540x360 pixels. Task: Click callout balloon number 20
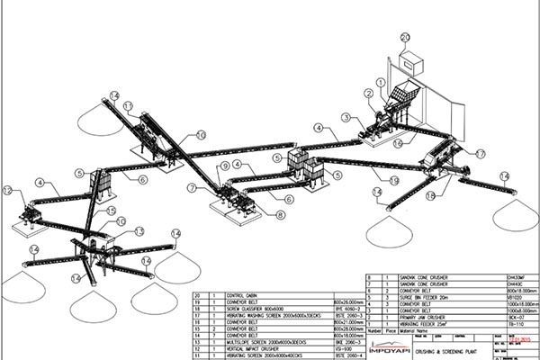point(405,37)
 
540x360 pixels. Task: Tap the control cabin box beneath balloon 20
point(411,61)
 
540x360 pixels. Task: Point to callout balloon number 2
point(369,94)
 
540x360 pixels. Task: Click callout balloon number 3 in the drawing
point(346,117)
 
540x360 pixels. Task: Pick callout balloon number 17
point(480,155)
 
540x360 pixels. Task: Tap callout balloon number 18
point(430,195)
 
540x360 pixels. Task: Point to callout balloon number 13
point(139,231)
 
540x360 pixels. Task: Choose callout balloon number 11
point(128,106)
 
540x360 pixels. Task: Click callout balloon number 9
point(224,166)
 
